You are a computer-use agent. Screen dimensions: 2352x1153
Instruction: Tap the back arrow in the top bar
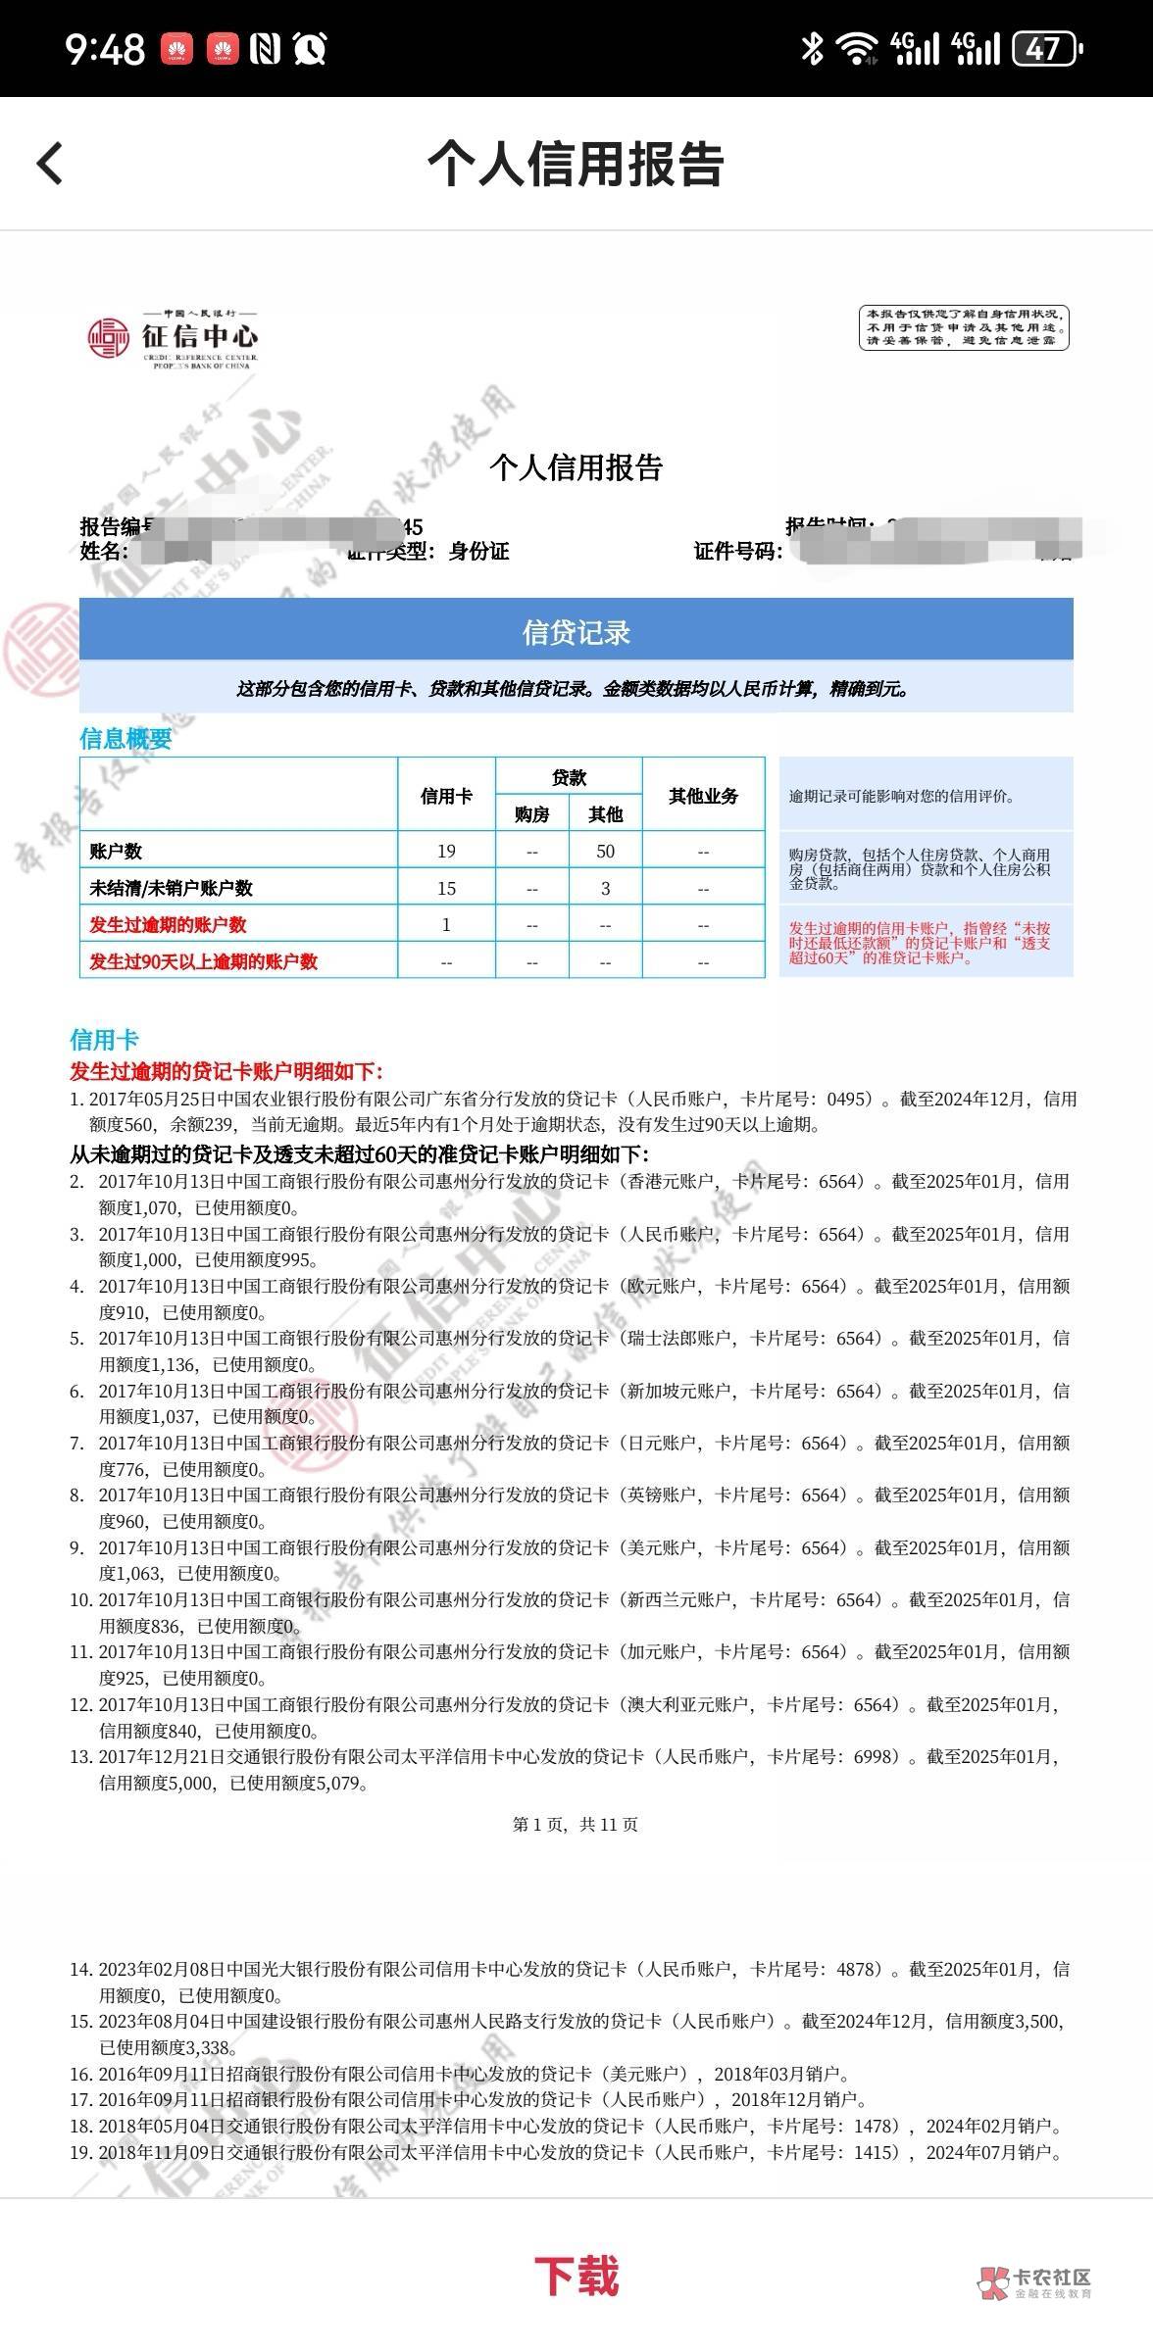tap(50, 163)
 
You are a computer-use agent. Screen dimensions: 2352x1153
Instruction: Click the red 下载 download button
tap(576, 2276)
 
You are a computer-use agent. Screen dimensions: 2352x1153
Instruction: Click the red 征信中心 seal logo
tap(109, 338)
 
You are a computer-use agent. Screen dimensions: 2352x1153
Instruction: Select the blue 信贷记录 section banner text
tap(576, 633)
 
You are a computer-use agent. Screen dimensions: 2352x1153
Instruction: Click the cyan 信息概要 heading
tap(125, 739)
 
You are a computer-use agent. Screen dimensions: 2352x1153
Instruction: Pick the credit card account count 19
tap(446, 851)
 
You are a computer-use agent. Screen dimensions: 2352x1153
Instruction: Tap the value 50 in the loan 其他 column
tap(605, 851)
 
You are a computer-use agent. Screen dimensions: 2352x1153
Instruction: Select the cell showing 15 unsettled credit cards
tap(446, 888)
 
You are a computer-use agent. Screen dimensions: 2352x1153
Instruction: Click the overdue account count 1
tap(446, 924)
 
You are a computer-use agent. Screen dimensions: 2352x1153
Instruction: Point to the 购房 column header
tap(531, 813)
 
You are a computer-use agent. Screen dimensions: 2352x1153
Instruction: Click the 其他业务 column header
tap(703, 796)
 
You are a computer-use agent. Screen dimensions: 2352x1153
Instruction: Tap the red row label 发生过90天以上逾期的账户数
tap(204, 960)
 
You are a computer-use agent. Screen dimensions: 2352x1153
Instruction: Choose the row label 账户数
tap(116, 851)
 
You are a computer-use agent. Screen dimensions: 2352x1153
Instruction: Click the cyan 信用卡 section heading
tap(104, 1040)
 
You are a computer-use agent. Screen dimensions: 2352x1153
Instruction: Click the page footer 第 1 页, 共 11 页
tap(576, 1824)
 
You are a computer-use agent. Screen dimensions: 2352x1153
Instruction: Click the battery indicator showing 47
tap(1046, 48)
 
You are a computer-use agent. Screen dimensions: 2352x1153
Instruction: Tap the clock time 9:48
tap(105, 48)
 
